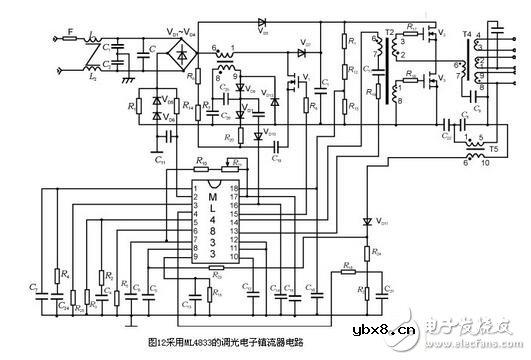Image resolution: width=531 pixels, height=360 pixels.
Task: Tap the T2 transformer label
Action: pyautogui.click(x=390, y=33)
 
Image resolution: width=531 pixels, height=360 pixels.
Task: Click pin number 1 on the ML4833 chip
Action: pyautogui.click(x=198, y=186)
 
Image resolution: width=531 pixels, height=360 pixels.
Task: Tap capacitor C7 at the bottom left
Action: pyautogui.click(x=37, y=291)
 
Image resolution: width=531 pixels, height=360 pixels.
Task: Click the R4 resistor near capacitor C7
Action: pyautogui.click(x=58, y=274)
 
